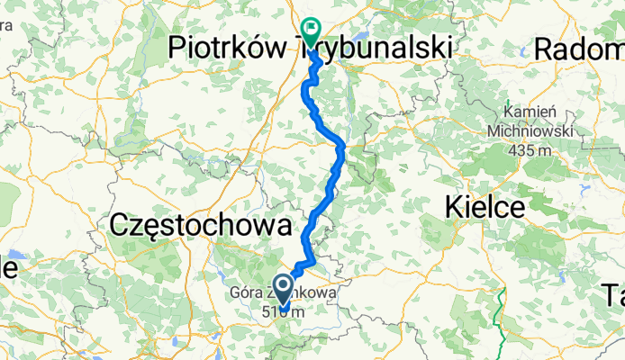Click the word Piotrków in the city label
coord(231,46)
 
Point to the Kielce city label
coord(485,208)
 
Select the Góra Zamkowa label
coord(270,293)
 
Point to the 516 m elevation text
coord(284,311)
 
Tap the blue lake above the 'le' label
coord(11,253)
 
